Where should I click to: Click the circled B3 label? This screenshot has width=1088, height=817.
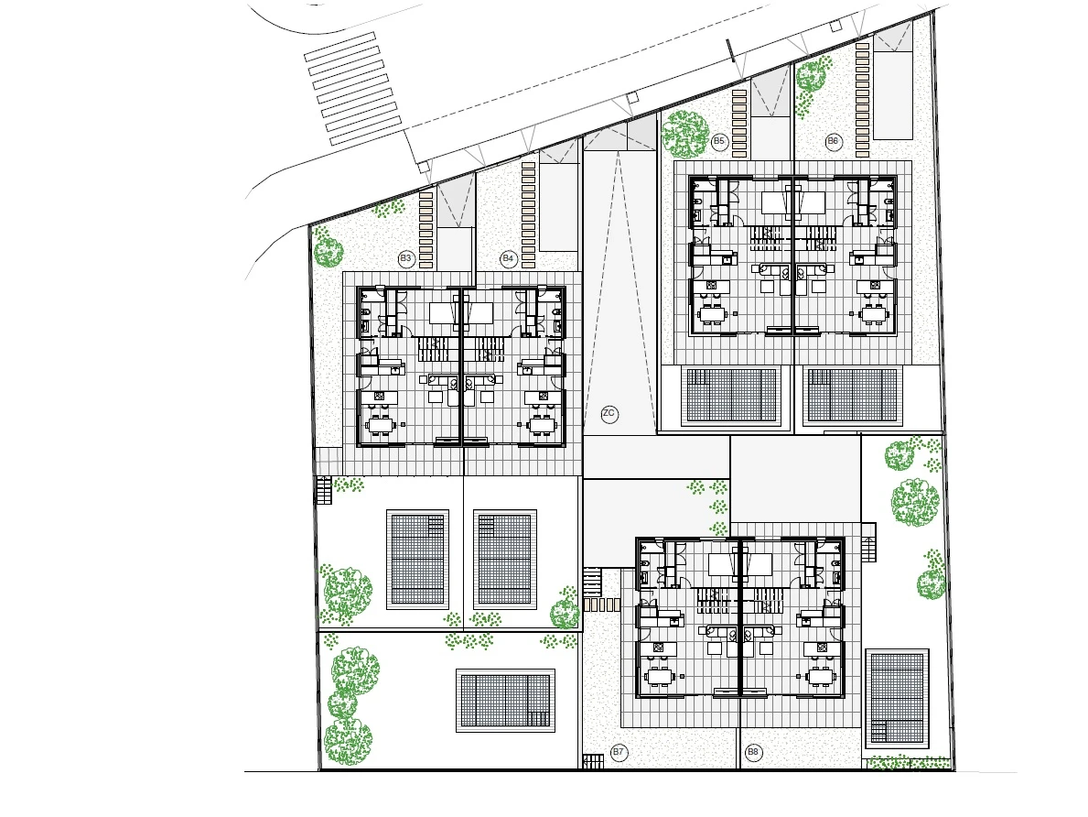coord(406,259)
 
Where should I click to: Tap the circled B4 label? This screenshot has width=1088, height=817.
coord(508,259)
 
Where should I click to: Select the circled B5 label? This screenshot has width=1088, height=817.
coord(719,142)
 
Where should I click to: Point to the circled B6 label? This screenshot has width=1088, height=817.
coord(833,142)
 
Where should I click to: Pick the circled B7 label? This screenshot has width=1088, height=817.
coord(619,752)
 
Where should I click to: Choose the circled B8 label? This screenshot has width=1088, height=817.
coord(753,752)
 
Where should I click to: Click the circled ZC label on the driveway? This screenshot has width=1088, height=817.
coord(609,414)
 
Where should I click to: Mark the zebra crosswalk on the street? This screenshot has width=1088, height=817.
coord(354,89)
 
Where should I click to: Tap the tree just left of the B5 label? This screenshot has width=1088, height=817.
coord(684,134)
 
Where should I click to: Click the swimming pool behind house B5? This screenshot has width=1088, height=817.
coord(731,396)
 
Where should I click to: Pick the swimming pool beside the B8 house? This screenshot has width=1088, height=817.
coord(897,697)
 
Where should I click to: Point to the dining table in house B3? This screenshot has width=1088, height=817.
coord(380,424)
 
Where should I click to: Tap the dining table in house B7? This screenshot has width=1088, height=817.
coord(660,675)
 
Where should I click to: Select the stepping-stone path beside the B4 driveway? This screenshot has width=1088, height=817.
coord(529,215)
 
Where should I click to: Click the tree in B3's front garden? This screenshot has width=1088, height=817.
coord(329,252)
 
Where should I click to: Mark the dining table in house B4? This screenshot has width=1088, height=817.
coord(544,424)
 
